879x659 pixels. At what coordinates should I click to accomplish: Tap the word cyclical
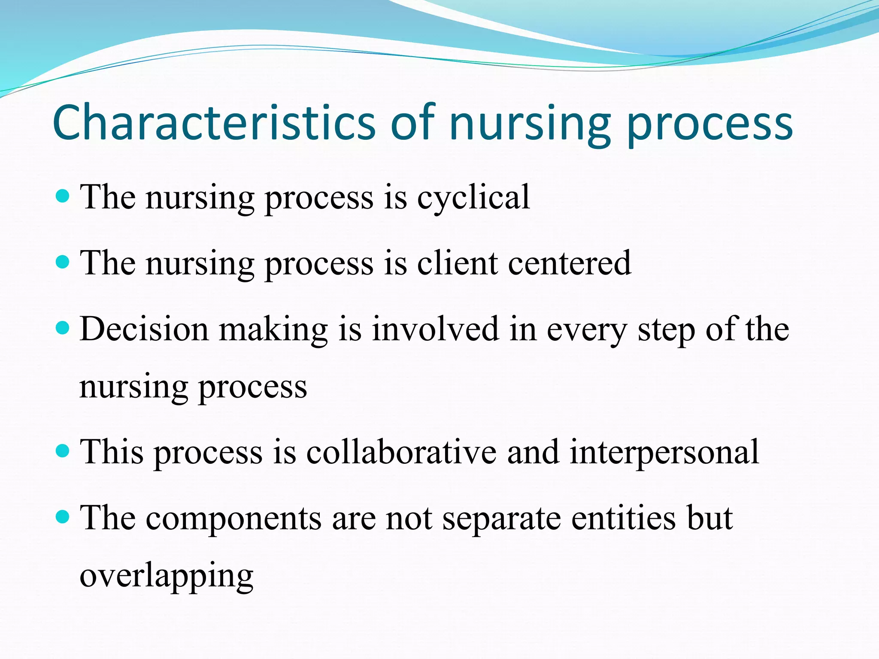(473, 197)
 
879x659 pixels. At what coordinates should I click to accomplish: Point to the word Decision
(144, 329)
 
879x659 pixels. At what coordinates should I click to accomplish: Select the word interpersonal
(664, 453)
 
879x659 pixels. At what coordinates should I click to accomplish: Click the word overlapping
(167, 576)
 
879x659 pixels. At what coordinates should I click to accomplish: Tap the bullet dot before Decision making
(63, 328)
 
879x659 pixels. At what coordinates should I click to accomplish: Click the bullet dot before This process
(63, 451)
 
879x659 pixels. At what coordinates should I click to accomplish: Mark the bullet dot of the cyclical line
(63, 196)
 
